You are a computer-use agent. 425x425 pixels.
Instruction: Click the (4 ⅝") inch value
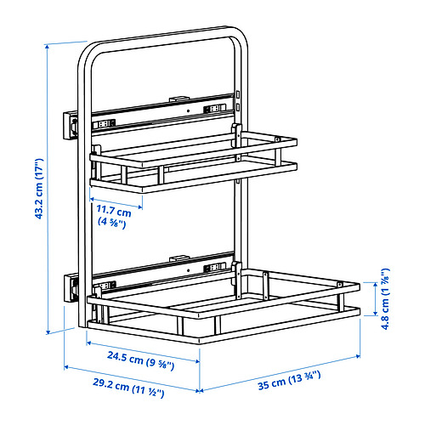point(110,224)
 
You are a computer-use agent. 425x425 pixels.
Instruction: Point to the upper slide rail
point(161,116)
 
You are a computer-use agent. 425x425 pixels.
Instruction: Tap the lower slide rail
point(161,274)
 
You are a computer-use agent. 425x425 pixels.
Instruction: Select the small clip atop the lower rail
point(178,258)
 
